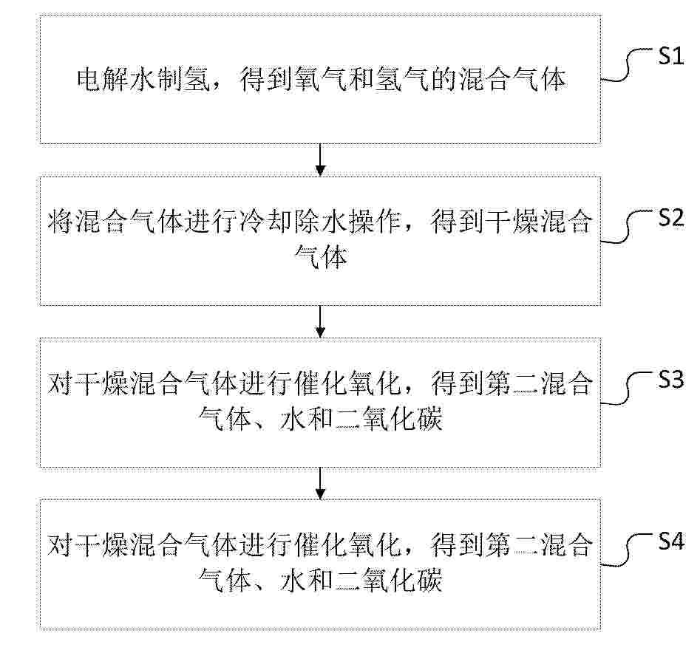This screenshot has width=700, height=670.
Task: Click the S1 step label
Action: click(671, 57)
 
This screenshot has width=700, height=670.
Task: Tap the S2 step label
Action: click(671, 218)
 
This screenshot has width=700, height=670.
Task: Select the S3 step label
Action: click(671, 380)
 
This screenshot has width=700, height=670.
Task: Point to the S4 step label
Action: click(671, 541)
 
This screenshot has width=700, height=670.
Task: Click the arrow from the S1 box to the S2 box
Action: click(320, 160)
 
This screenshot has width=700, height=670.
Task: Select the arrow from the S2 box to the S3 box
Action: click(320, 321)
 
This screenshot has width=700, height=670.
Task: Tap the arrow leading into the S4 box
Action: click(320, 482)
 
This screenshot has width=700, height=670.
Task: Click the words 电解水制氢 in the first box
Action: click(143, 80)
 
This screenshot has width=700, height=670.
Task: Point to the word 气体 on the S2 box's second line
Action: click(321, 257)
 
